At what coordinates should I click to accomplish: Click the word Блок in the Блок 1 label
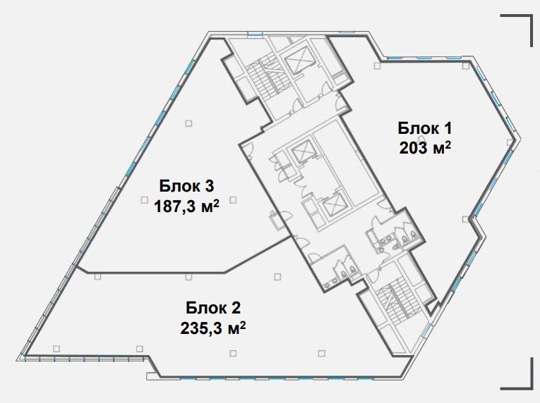pos(417,128)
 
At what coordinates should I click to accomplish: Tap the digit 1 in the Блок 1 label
pos(447,128)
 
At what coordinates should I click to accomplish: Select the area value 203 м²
pos(425,148)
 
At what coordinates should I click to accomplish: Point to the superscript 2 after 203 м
pos(448,144)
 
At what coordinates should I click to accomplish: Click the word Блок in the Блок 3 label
pos(179,186)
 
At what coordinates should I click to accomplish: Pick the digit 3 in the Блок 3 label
pos(210,186)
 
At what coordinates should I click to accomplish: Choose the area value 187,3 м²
pos(186,206)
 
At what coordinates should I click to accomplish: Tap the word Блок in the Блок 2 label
pos(205,308)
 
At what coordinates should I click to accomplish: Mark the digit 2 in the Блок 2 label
pos(236,308)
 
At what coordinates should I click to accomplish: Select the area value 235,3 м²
pos(213,328)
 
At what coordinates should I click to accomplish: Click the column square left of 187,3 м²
pos(144,199)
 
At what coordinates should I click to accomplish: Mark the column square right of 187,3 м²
pos(233,199)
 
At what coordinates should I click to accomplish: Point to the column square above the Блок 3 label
pos(188,123)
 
